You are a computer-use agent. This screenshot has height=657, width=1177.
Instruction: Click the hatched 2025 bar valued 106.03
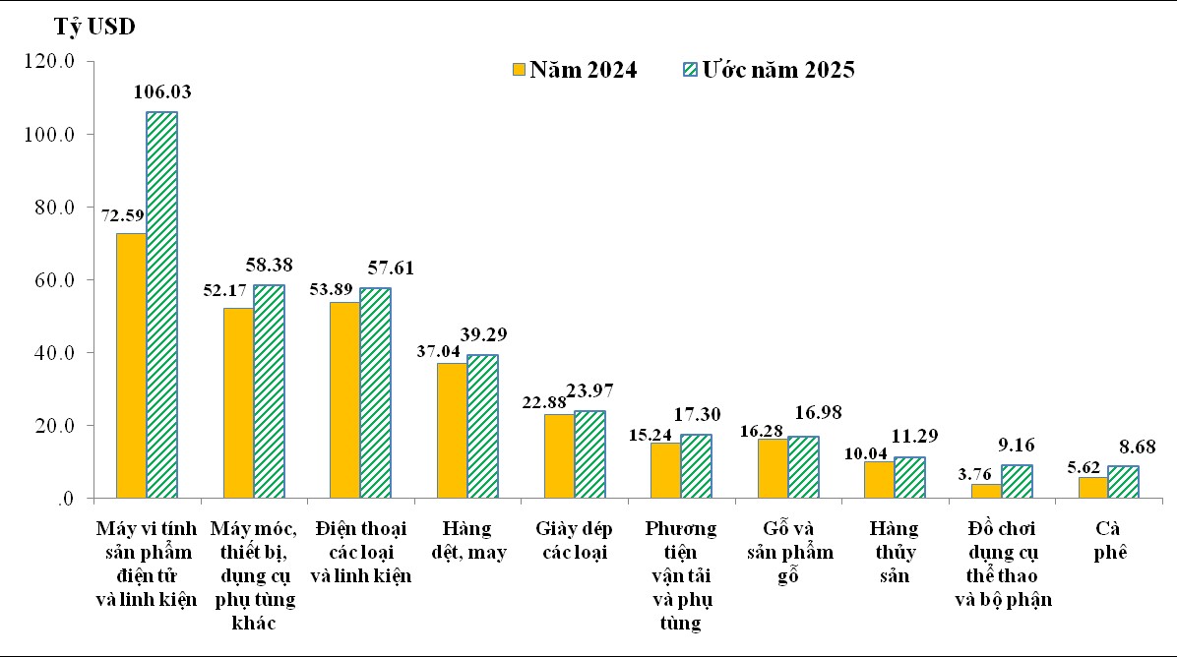(x=162, y=305)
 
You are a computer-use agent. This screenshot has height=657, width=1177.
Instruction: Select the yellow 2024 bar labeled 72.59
(x=131, y=366)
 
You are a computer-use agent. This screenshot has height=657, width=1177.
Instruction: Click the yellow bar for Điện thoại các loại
(x=344, y=400)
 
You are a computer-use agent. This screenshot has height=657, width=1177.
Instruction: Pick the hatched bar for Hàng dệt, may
(x=482, y=427)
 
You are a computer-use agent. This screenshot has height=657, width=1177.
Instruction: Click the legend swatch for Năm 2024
(x=518, y=70)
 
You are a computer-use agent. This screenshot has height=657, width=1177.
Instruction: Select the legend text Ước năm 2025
(x=777, y=70)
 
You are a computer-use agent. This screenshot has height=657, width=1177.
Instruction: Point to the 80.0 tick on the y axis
(x=55, y=208)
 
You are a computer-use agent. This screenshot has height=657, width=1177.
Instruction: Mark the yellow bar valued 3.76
(x=986, y=491)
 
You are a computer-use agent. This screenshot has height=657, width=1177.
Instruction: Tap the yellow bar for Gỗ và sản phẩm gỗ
(x=773, y=469)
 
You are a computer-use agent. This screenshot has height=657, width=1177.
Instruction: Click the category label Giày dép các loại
(x=574, y=540)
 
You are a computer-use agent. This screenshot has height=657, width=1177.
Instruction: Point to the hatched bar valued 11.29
(x=909, y=478)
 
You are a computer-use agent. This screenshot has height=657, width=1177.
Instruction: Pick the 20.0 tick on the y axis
(x=55, y=426)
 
